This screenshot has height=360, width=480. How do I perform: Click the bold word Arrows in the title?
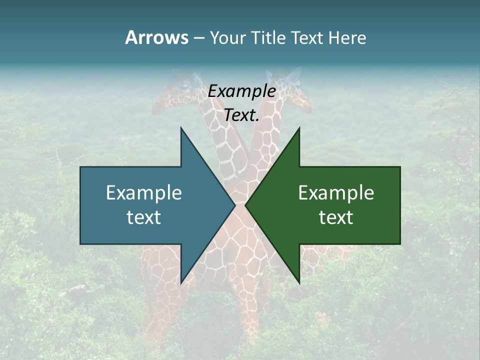point(156,37)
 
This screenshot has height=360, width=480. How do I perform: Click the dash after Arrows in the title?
point(198,38)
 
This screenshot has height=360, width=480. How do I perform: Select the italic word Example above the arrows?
point(242,91)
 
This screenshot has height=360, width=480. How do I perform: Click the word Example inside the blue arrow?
point(144,193)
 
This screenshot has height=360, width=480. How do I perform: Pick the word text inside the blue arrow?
point(144,217)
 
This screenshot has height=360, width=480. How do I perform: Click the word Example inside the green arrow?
point(336,193)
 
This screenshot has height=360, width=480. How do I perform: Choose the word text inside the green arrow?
point(336,217)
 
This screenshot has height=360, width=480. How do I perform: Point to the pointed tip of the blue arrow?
point(235,205)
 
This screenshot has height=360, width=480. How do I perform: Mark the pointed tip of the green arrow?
point(245,205)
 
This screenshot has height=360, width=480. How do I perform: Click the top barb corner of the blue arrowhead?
point(181,128)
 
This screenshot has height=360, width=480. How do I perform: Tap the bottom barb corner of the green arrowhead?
point(299,282)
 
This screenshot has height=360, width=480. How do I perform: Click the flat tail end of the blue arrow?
point(81,205)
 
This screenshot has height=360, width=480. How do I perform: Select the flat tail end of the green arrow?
point(399,205)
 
